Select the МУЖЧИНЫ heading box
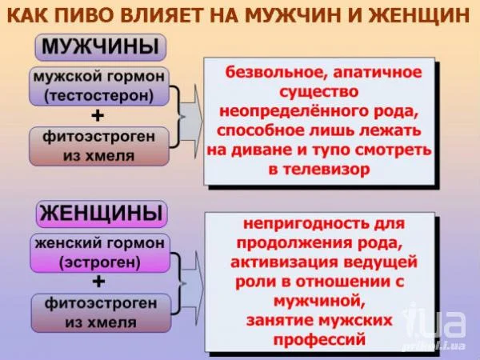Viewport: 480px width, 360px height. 101,47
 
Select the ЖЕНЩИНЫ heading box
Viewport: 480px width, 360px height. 102,214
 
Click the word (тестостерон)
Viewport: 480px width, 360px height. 98,96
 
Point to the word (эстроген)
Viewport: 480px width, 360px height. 100,262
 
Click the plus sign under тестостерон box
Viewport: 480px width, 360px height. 98,116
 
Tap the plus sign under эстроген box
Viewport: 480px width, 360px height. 98,282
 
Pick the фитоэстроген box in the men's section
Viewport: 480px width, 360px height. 99,146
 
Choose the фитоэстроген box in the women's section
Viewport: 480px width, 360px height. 101,313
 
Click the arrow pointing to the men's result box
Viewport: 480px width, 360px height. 191,122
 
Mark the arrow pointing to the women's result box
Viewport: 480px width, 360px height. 192,288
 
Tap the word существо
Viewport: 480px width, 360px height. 318,92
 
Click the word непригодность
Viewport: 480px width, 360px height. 306,224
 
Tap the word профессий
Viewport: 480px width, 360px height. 319,339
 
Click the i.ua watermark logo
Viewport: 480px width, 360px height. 435,326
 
